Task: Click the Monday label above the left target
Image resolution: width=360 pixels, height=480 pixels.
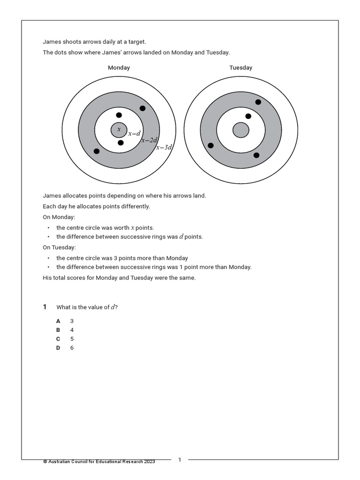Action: coord(119,67)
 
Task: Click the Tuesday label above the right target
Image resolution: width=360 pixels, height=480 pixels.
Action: coord(240,67)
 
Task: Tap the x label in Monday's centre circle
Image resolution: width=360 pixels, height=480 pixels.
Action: coord(119,129)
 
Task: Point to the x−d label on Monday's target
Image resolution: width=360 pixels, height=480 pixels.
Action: coord(135,134)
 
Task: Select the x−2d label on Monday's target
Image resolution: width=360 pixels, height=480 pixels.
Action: coord(149,140)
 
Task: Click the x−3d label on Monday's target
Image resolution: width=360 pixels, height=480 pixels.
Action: coord(164,147)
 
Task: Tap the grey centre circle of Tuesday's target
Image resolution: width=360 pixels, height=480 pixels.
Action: coord(240,130)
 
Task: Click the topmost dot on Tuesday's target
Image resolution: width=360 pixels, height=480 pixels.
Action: coord(258,102)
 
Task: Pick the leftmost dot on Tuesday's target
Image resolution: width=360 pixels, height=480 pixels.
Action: coord(210,145)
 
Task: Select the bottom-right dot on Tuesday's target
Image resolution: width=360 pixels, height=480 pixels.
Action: coord(256,155)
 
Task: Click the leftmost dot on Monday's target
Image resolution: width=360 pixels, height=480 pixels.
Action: coord(97,151)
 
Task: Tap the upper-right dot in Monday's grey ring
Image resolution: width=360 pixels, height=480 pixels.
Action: coord(142,108)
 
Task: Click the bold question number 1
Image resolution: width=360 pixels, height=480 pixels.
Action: coord(45,307)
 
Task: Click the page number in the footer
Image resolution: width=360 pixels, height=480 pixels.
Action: coord(180,460)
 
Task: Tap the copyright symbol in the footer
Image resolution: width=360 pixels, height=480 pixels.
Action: coord(45,462)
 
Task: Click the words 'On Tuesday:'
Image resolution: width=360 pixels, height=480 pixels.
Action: coord(59,247)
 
